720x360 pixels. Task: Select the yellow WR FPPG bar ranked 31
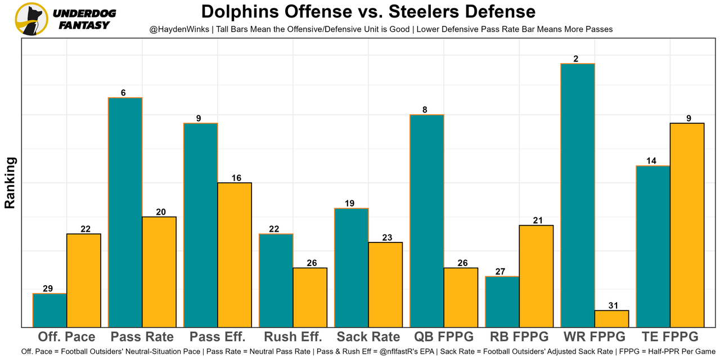tap(611, 318)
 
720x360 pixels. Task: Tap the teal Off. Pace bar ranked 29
tap(49, 310)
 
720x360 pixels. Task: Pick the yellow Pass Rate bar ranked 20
tap(159, 272)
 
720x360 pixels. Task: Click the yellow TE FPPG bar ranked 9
tap(687, 225)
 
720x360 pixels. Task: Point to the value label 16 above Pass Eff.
tap(236, 178)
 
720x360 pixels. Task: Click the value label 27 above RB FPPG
tap(500, 272)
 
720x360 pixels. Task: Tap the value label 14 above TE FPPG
tap(651, 161)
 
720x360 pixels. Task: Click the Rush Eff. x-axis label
tap(293, 337)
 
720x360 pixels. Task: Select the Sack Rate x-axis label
tap(368, 337)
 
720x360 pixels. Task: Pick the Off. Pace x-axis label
tap(66, 337)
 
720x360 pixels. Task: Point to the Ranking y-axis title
tap(10, 183)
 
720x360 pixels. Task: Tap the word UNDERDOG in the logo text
tap(84, 13)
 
